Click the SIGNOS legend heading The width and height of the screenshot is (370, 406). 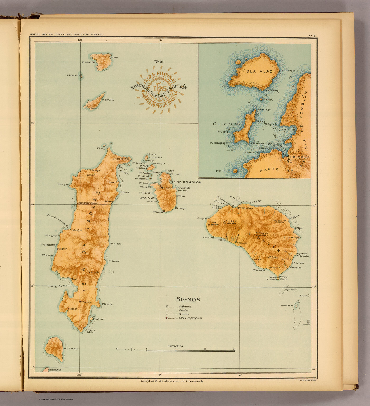click(188, 299)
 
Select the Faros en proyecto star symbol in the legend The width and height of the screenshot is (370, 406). click(167, 318)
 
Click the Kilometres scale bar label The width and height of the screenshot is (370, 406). click(175, 346)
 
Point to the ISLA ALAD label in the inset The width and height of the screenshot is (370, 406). click(259, 71)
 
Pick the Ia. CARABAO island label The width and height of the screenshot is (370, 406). click(71, 349)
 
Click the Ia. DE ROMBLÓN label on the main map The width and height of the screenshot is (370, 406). click(186, 182)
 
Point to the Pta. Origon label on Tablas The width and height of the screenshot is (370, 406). click(102, 149)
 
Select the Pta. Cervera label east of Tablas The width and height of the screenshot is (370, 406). click(114, 261)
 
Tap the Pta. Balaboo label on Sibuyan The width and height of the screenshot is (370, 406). click(208, 238)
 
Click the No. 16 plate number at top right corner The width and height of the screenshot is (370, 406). click(312, 35)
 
